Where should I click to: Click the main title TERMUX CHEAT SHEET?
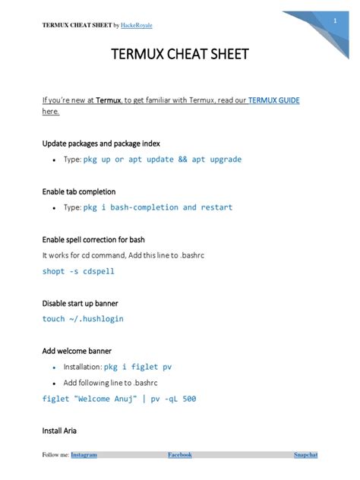180,55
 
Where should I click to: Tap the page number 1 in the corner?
334,21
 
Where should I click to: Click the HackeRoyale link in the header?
137,25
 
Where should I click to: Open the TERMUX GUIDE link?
273,99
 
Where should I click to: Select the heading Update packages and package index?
100,143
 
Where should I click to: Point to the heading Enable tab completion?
79,191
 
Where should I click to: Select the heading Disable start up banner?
80,303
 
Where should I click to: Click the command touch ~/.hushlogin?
82,319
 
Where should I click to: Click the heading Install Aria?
60,431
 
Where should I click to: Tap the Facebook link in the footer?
179,455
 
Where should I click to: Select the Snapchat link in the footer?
305,455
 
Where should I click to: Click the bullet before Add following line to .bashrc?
54,383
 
